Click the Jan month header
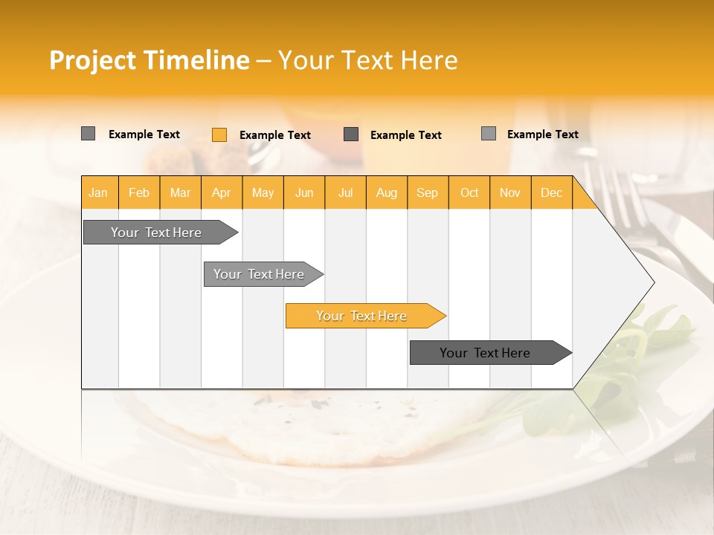98,192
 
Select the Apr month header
222,192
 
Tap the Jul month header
346,192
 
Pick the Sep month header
428,192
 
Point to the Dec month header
552,192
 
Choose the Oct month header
469,192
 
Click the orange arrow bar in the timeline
362,316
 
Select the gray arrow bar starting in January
157,233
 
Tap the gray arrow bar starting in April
260,274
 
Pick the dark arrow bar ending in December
486,353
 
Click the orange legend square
219,134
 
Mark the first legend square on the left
89,134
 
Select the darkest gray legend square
351,134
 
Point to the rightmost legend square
489,134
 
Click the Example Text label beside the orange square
275,135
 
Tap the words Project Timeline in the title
149,60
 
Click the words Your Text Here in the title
368,60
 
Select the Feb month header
139,192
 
